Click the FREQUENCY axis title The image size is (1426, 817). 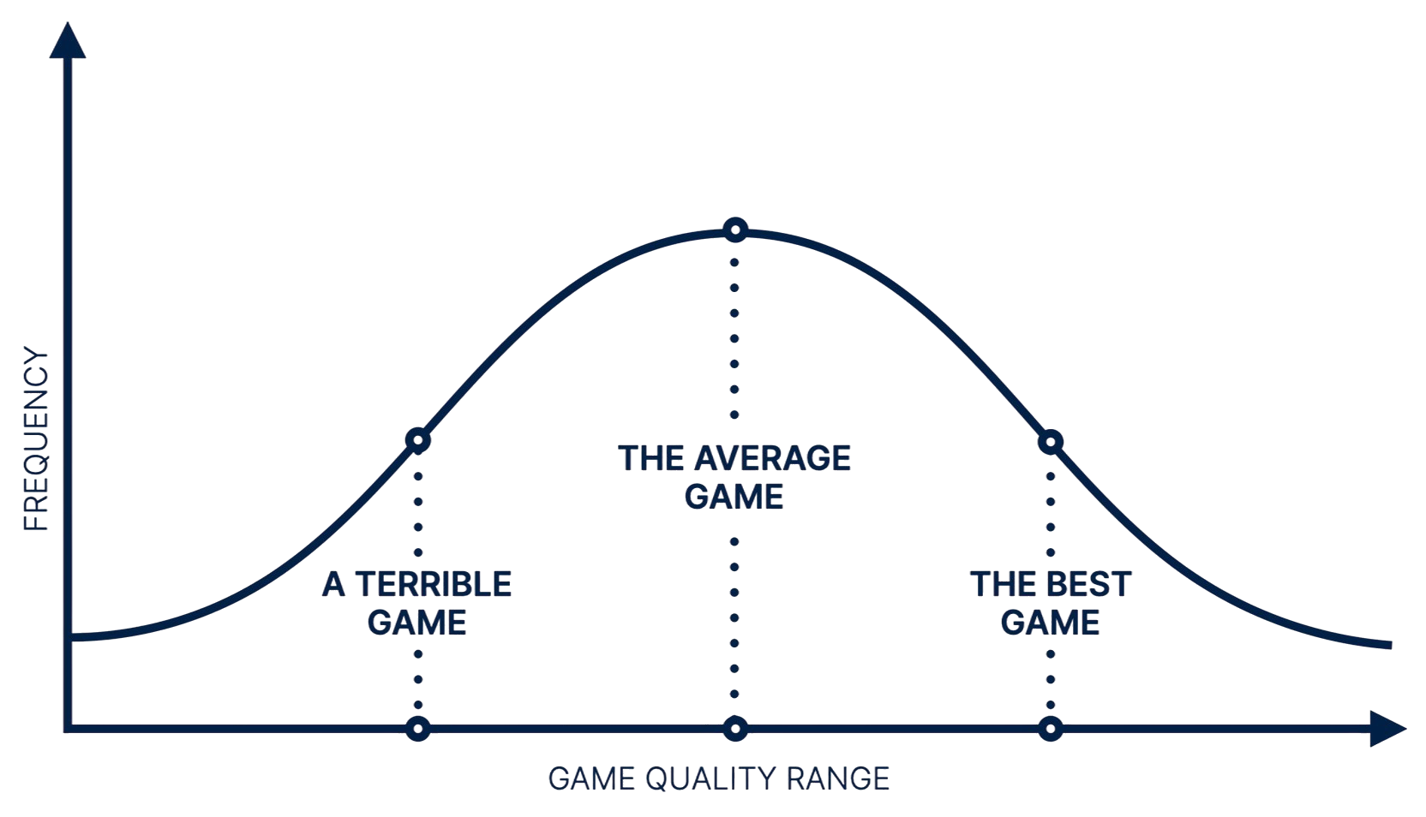pyautogui.click(x=36, y=439)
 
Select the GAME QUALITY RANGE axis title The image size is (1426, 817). pyautogui.click(x=718, y=778)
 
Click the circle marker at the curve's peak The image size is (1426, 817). pyautogui.click(x=734, y=230)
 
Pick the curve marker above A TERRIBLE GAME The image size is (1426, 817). pyautogui.click(x=417, y=441)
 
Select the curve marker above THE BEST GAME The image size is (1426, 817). pyautogui.click(x=1051, y=443)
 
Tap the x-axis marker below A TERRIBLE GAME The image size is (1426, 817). pyautogui.click(x=417, y=729)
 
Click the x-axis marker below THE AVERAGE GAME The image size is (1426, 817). pyautogui.click(x=734, y=729)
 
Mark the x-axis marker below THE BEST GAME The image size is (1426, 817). pyautogui.click(x=1051, y=729)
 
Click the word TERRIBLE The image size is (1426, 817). pyautogui.click(x=434, y=585)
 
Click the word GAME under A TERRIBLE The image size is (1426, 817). pyautogui.click(x=417, y=623)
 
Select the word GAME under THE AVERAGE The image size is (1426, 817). pyautogui.click(x=734, y=497)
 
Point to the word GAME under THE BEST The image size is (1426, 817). pyautogui.click(x=1051, y=623)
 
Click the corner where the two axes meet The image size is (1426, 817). pyautogui.click(x=69, y=729)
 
